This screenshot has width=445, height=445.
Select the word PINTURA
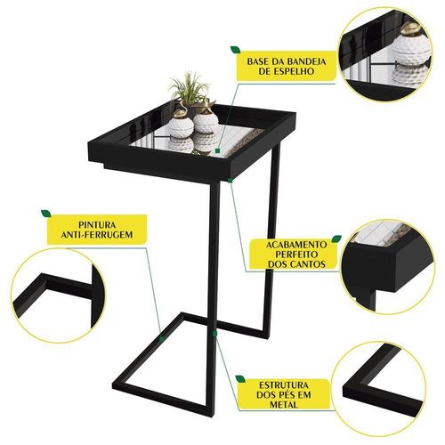tap(97, 224)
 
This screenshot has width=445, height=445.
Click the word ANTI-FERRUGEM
tap(97, 235)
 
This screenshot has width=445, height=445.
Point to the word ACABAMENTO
tap(296, 245)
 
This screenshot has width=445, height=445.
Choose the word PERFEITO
tap(296, 255)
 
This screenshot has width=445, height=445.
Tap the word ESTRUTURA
tap(284, 385)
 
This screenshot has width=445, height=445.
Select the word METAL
tap(284, 405)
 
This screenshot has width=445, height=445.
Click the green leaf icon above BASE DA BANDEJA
tap(236, 50)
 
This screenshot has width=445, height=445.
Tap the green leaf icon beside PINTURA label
tap(46, 214)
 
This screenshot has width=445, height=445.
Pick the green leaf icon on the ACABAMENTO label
tap(336, 239)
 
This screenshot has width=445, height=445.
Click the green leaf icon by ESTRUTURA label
tap(240, 379)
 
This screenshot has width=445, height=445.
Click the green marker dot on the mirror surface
tap(218, 151)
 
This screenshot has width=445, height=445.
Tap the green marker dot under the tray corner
tap(230, 180)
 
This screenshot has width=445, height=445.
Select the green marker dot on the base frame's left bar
tap(162, 339)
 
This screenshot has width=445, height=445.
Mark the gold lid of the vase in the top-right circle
tap(411, 28)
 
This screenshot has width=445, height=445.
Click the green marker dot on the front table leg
tap(214, 334)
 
